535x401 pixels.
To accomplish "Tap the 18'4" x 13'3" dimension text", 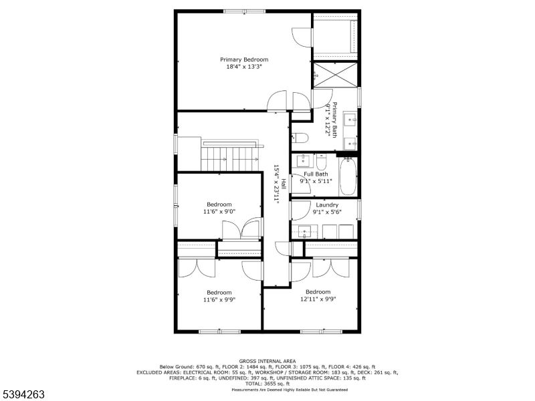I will (244, 67).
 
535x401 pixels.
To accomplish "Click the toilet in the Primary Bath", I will (299, 138).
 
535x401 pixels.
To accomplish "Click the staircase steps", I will (231, 159).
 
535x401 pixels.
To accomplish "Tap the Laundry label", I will (327, 205).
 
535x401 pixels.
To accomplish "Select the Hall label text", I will (284, 183).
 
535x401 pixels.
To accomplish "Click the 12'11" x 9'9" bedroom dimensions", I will (318, 299).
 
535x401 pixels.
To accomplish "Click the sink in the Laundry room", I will (306, 232).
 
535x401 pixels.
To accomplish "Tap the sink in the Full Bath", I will (304, 160).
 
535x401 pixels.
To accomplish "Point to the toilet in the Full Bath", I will (321, 161).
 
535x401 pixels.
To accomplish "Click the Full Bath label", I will (316, 174).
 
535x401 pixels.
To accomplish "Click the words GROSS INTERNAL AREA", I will (267, 361).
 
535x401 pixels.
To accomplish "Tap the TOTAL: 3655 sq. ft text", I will (267, 384).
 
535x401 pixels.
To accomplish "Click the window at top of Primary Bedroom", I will (244, 11).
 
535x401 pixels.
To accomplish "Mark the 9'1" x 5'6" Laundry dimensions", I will (327, 213).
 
